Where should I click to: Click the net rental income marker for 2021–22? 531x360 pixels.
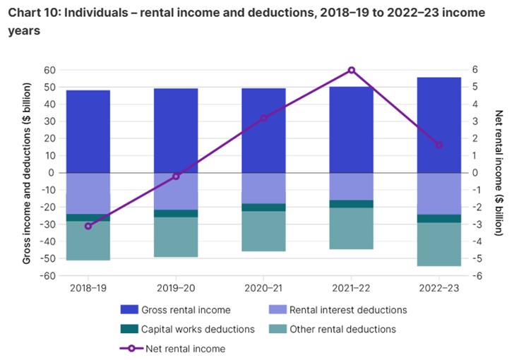click(x=352, y=70)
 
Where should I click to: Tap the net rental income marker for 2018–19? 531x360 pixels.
click(x=88, y=226)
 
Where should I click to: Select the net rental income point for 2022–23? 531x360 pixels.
click(x=439, y=145)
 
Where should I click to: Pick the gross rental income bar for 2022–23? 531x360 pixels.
click(x=439, y=124)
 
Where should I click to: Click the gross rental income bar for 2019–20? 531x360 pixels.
click(x=176, y=130)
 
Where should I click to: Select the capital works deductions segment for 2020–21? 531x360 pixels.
click(x=263, y=207)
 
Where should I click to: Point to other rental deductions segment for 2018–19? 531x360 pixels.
click(x=88, y=241)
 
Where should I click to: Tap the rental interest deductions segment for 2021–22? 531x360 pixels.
click(x=352, y=186)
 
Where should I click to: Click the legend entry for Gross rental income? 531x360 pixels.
click(x=185, y=309)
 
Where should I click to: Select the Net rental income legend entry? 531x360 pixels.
click(x=185, y=348)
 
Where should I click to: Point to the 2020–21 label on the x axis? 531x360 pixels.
click(x=263, y=287)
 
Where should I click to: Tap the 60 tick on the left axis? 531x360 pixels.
click(x=49, y=70)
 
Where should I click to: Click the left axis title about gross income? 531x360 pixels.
click(x=27, y=173)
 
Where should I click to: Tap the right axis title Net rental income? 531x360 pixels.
click(x=499, y=173)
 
